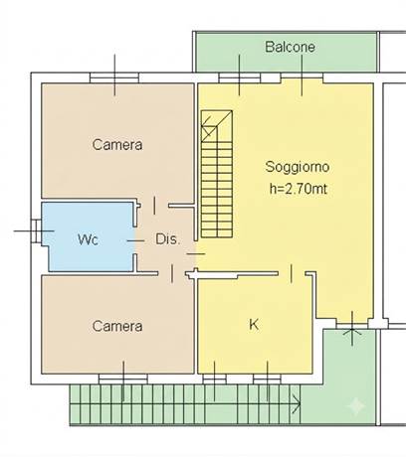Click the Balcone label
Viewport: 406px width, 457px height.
(x=290, y=47)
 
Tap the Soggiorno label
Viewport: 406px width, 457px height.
(x=298, y=167)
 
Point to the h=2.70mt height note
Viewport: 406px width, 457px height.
(x=299, y=189)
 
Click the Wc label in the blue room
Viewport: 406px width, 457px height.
(x=88, y=239)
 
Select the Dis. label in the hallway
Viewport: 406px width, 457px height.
(x=168, y=239)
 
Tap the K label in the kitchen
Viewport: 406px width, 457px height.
(x=254, y=325)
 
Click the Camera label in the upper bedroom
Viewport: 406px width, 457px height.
(x=117, y=145)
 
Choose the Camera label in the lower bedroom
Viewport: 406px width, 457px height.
(x=117, y=326)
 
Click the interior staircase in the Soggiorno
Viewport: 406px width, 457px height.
(x=217, y=174)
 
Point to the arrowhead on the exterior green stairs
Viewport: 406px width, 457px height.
(x=297, y=403)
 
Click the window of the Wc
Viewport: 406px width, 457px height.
(x=36, y=230)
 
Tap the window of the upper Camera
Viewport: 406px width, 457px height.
(x=114, y=77)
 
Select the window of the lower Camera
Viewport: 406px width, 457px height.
(x=123, y=380)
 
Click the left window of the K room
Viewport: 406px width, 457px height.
(x=214, y=380)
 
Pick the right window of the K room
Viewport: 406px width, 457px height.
(x=267, y=380)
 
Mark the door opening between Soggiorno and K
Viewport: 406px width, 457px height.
(x=292, y=273)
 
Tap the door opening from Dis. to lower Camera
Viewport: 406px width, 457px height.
(x=172, y=273)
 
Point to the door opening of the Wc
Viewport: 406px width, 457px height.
(x=135, y=240)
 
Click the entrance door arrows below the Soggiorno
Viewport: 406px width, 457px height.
(x=352, y=328)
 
